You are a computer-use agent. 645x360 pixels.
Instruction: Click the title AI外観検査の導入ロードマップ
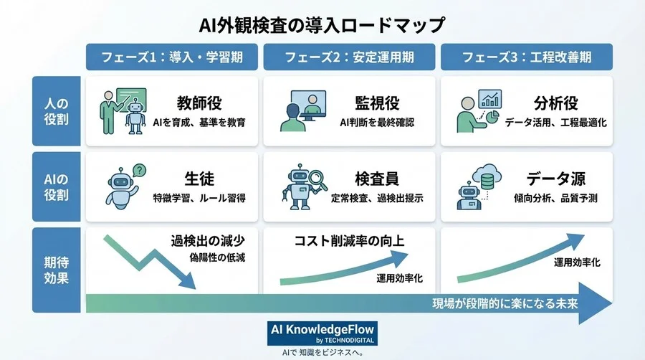click(322, 24)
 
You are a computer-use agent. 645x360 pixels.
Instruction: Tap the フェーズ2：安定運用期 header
click(349, 57)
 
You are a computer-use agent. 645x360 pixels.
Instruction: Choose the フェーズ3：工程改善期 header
click(526, 57)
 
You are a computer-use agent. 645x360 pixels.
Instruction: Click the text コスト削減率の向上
click(350, 241)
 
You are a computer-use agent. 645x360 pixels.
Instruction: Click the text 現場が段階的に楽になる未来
click(505, 301)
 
